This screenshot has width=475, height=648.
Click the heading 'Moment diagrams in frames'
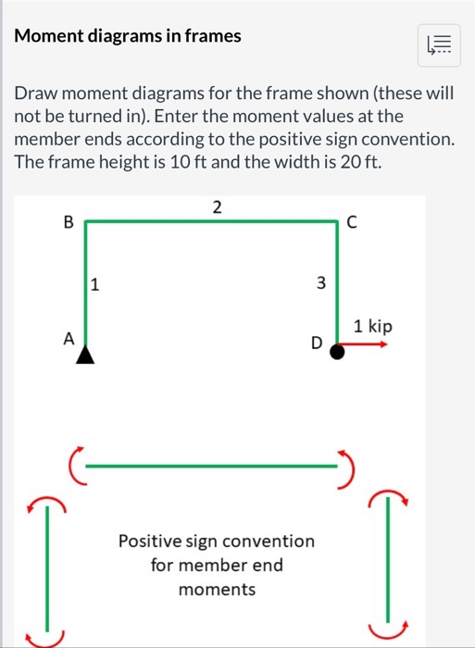128,36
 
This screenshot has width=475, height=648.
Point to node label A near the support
68,339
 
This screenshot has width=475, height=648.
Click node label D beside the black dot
317,344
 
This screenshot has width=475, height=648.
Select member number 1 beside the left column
94,284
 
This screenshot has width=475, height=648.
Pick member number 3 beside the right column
321,284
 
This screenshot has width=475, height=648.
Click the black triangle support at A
85,355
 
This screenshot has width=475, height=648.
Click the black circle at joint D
337,351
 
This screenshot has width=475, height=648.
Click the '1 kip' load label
374,326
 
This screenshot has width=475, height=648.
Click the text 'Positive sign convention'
217,541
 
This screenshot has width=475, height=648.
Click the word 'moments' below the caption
217,589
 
